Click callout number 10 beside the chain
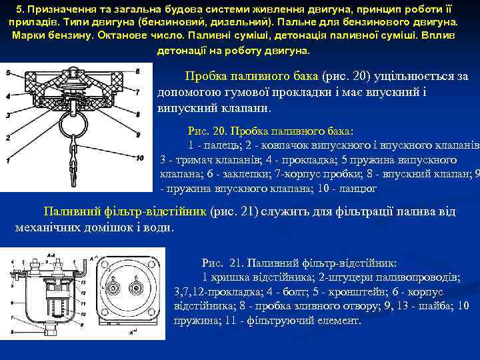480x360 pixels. [139, 159]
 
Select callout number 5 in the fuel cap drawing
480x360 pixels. [7, 71]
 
